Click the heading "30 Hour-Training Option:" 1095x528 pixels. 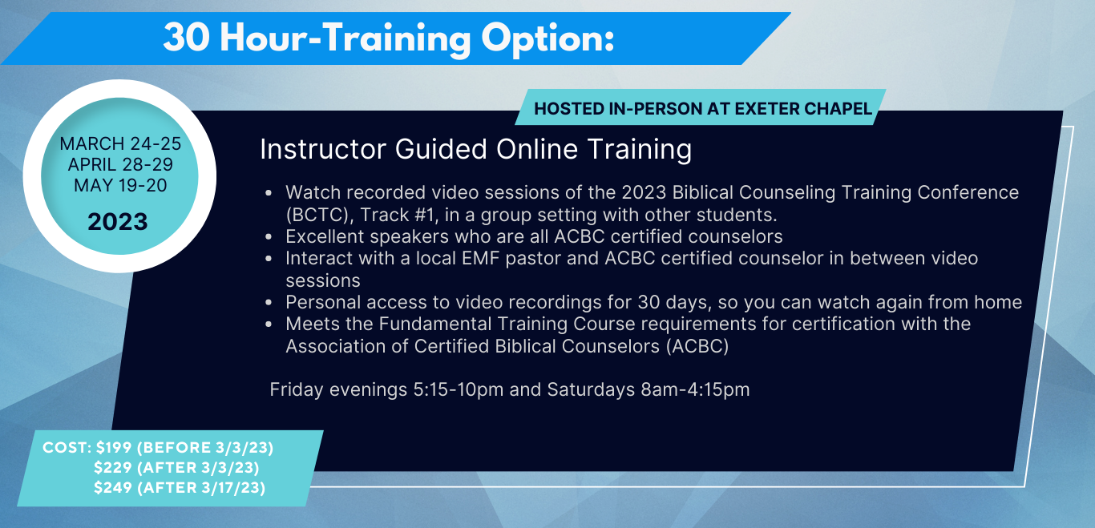(389, 38)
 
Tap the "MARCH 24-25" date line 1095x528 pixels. (120, 143)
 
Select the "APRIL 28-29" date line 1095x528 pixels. (120, 164)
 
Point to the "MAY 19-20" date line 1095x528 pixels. (120, 186)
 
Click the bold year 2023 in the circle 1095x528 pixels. (118, 222)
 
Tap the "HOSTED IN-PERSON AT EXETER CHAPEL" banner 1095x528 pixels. (702, 108)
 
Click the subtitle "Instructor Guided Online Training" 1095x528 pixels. (475, 149)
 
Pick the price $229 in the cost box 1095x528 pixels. (113, 467)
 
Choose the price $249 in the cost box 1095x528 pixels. (113, 487)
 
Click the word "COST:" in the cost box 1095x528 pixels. (67, 447)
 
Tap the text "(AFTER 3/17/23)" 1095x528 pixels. (201, 487)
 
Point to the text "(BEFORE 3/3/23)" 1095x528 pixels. (205, 447)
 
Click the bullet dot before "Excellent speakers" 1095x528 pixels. (269, 237)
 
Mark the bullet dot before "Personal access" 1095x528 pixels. (269, 303)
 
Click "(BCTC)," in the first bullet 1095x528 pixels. (320, 215)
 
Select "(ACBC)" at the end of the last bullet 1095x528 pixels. (697, 346)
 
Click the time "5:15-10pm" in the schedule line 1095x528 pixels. (459, 389)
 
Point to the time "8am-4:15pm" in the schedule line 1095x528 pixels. (695, 389)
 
